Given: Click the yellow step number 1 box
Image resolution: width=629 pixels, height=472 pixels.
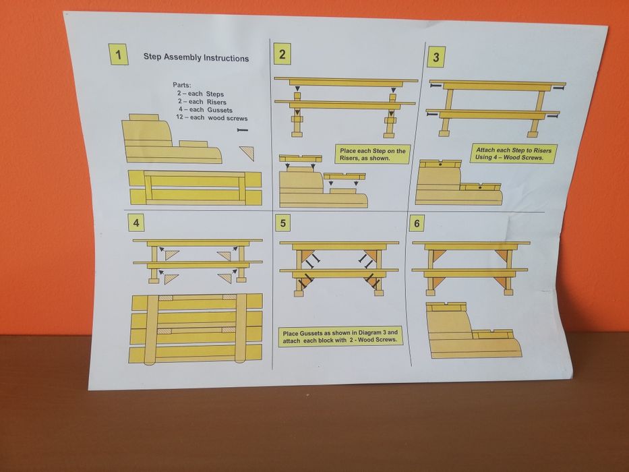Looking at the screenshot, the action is [x=119, y=54].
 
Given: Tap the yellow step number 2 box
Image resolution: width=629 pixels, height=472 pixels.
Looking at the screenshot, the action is [x=282, y=54].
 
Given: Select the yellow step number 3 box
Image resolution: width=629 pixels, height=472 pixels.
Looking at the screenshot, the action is [x=436, y=57].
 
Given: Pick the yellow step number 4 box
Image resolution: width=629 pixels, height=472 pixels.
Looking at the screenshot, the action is [x=136, y=223].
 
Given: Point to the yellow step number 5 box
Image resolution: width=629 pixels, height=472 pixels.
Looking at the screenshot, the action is [x=282, y=223].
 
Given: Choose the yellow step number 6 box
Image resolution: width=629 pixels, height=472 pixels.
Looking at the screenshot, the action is [x=417, y=223].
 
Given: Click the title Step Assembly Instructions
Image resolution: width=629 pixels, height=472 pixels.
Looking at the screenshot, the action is [x=196, y=58].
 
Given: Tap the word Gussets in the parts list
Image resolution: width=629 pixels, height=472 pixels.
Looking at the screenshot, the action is [x=220, y=110].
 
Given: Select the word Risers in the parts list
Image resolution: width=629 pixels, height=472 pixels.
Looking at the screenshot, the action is [x=216, y=102].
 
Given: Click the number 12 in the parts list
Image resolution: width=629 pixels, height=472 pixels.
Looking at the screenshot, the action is [x=180, y=117].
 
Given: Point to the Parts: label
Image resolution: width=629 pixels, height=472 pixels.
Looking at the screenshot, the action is [x=182, y=85].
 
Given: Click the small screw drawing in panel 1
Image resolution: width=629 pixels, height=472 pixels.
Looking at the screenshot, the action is [x=243, y=129].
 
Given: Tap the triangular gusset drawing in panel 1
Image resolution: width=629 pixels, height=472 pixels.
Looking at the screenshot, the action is [x=248, y=152].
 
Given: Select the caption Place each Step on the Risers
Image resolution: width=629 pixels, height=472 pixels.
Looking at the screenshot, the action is [x=373, y=154].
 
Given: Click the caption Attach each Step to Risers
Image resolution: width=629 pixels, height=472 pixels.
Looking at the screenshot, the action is [x=514, y=154].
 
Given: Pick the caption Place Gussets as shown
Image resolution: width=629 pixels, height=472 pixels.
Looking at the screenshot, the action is [x=340, y=336].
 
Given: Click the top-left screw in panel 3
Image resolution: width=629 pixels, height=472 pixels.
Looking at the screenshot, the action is [x=436, y=86].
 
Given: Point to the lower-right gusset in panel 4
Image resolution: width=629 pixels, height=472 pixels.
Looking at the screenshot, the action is [x=226, y=278].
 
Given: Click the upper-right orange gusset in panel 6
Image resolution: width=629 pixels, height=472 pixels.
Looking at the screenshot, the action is [x=503, y=255].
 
